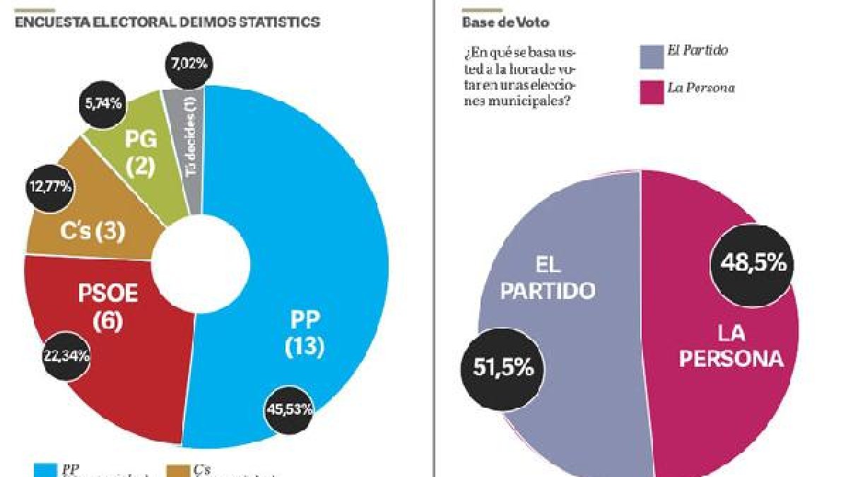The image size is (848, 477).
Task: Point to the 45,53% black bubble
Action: click(289, 409)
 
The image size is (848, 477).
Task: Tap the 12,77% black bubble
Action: click(50, 187)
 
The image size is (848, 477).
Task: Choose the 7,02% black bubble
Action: click(188, 63)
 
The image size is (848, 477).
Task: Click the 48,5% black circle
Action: click(753, 263)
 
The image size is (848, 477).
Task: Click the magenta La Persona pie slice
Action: click(728, 396)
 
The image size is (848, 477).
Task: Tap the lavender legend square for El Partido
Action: click(652, 57)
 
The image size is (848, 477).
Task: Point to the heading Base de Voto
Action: click(506, 23)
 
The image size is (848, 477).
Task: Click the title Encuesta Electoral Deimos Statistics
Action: click(167, 23)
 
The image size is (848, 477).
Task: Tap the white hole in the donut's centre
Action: click(201, 260)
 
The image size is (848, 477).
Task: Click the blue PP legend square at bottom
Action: click(47, 470)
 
